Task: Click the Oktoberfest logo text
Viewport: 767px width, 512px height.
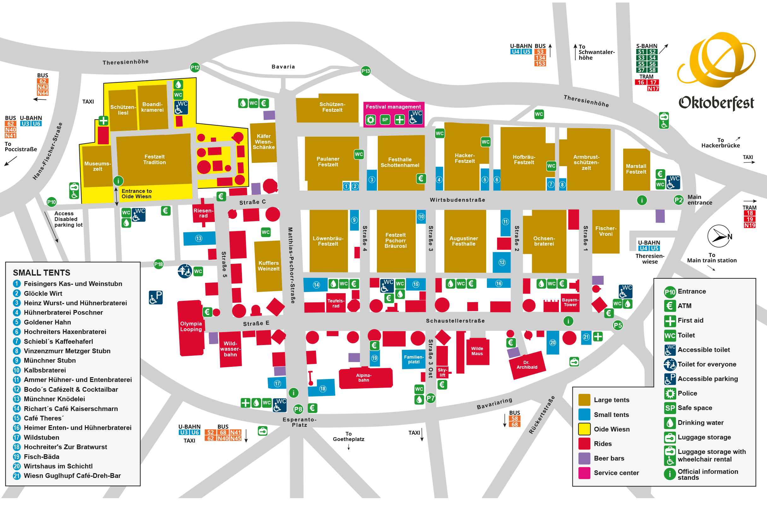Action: click(716, 103)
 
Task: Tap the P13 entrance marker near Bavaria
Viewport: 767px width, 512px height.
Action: click(366, 71)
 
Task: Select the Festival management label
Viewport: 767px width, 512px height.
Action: click(393, 107)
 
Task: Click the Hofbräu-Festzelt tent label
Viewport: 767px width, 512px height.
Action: click(524, 160)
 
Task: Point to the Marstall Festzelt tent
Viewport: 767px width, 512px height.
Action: click(636, 169)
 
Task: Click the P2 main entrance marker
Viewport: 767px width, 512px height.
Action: click(678, 200)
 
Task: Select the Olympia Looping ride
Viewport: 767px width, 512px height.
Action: click(191, 326)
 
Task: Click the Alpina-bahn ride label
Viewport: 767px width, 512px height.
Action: click(364, 378)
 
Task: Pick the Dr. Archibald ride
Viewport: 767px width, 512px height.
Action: click(527, 365)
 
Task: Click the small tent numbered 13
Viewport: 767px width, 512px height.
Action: click(199, 238)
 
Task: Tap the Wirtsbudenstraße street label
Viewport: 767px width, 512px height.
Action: click(457, 200)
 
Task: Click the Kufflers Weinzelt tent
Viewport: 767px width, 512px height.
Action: click(268, 266)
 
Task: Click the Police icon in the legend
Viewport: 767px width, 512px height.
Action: click(670, 393)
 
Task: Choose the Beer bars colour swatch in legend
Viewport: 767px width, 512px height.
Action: click(584, 458)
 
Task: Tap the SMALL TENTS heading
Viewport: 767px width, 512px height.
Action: click(41, 273)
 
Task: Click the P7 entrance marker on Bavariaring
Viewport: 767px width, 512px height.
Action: click(430, 398)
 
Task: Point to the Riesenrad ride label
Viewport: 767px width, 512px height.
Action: click(203, 213)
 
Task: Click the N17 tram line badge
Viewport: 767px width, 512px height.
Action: click(653, 88)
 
